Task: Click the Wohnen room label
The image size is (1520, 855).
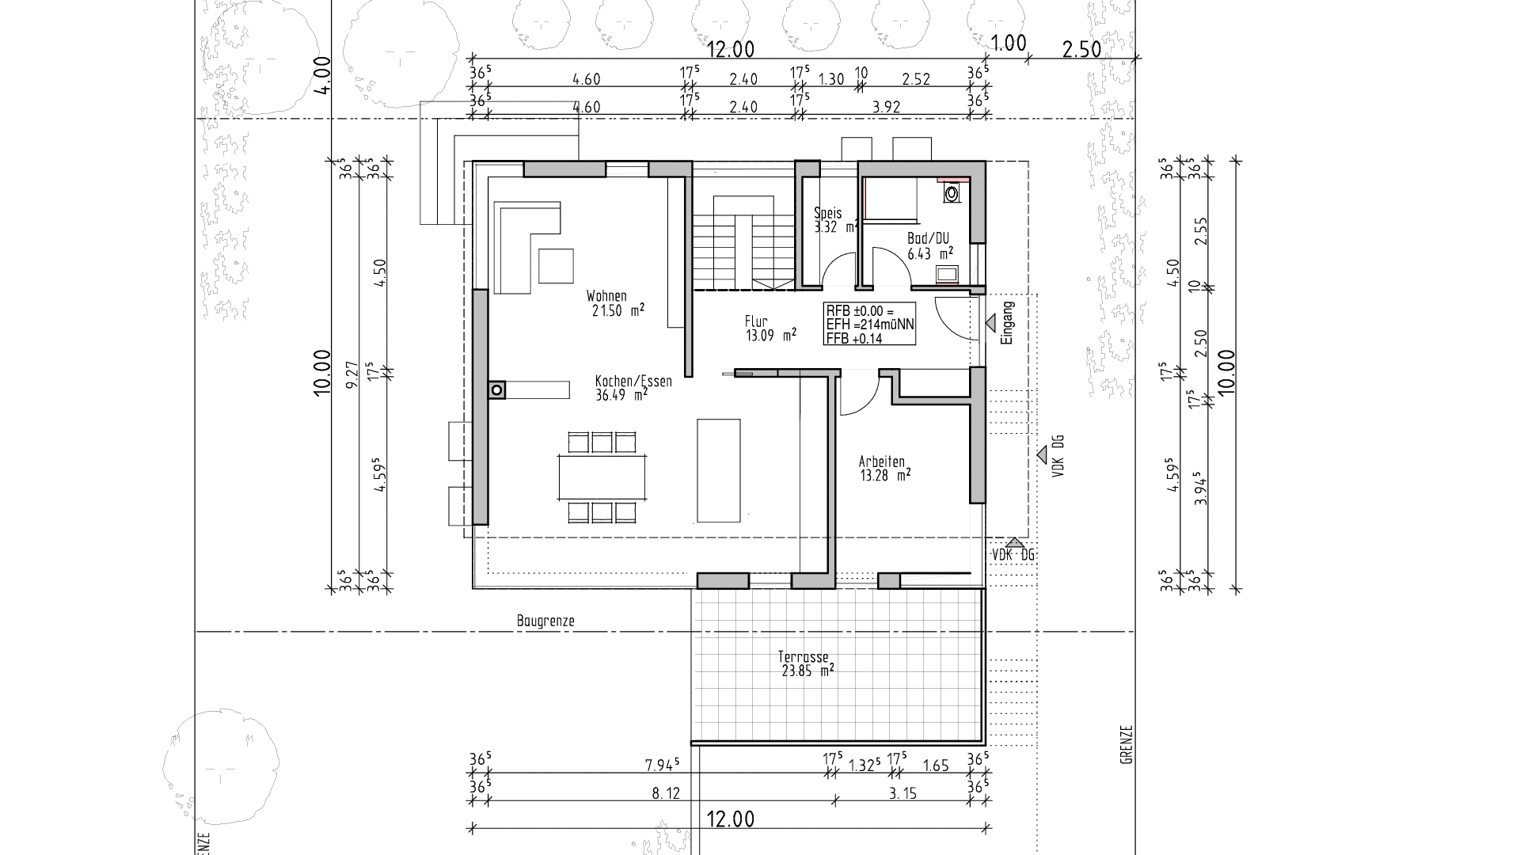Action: tap(606, 296)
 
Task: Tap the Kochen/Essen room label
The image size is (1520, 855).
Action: tap(634, 382)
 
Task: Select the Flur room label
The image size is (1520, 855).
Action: tap(757, 321)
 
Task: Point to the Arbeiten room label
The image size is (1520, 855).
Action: tap(882, 462)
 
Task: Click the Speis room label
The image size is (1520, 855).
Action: tap(828, 213)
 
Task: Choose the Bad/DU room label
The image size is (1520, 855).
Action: tap(928, 239)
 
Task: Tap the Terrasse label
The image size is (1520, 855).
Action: tap(803, 657)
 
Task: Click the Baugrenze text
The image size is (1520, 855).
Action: tap(545, 621)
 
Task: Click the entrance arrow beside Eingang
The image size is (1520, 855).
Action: tap(990, 322)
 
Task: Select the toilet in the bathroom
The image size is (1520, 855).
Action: tap(951, 192)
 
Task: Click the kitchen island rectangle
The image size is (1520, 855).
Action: tap(719, 470)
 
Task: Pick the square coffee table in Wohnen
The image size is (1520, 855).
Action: tap(557, 265)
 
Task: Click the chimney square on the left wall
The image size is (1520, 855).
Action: tap(497, 389)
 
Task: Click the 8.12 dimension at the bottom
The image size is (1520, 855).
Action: tap(666, 794)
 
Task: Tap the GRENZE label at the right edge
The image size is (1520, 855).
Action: tap(1127, 745)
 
